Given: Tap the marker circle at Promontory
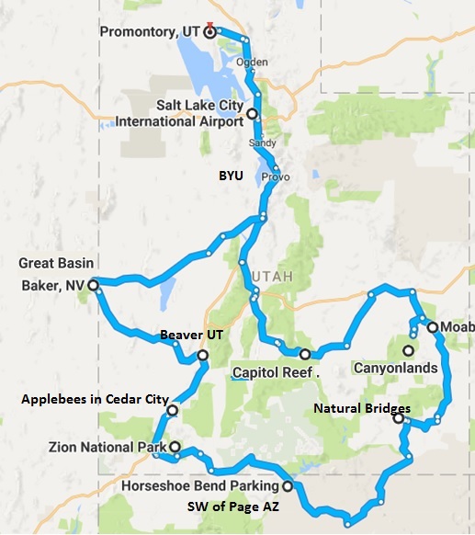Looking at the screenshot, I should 209,31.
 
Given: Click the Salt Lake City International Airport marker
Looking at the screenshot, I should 252,114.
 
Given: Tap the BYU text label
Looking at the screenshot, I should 231,175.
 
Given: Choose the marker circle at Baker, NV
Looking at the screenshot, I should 93,286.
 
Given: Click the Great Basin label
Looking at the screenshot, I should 54,263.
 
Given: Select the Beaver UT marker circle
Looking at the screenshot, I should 202,355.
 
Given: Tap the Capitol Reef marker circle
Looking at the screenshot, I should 304,354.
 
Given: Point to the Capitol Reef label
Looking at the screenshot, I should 271,373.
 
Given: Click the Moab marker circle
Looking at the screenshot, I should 432,327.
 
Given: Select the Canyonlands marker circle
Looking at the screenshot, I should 406,349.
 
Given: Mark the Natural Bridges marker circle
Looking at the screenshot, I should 398,418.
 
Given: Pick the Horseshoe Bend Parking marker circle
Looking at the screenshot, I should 287,486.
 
